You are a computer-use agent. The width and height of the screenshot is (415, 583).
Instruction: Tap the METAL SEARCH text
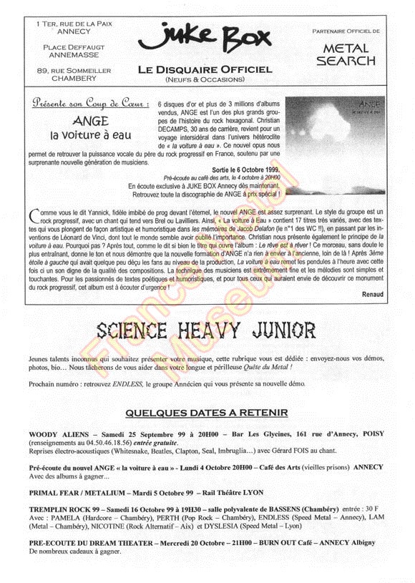[346, 54]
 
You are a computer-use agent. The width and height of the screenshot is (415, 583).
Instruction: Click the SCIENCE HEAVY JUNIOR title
[206, 330]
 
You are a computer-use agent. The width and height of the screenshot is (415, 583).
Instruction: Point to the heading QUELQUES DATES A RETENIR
[206, 413]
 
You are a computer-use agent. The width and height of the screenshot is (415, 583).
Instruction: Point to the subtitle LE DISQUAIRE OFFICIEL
[205, 69]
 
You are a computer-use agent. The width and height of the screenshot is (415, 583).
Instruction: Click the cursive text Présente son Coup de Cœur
[90, 104]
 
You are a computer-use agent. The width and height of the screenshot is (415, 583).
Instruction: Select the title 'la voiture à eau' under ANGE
[90, 134]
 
